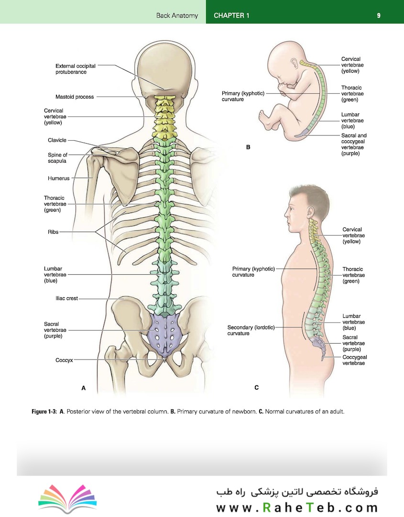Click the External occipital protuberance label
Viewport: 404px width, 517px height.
[76, 69]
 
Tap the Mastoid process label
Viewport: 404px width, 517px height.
[75, 97]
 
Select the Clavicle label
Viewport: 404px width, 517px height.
[57, 140]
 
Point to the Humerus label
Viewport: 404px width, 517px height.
[59, 179]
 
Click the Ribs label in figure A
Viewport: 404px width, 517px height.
[53, 232]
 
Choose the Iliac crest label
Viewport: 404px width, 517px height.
[66, 298]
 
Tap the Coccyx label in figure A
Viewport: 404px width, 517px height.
[64, 360]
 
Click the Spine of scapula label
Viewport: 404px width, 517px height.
[57, 158]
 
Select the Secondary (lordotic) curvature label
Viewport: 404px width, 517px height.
[251, 330]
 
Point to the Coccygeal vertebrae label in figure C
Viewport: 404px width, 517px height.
[354, 360]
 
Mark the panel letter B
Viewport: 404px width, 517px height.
[248, 147]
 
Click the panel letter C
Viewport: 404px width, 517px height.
[256, 388]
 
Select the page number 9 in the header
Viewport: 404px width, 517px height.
[379, 15]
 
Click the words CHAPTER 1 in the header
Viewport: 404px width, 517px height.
[231, 15]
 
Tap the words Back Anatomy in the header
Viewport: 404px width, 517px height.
[177, 15]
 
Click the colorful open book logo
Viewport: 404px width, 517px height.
[67, 498]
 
